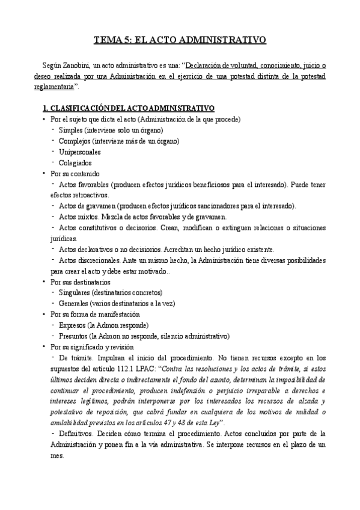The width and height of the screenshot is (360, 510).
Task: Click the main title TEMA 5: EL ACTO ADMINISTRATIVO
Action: (x=180, y=40)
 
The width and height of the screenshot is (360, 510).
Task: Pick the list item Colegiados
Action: (x=75, y=162)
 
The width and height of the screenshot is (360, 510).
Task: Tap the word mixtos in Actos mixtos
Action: (x=88, y=217)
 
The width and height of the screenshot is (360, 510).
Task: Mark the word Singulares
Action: (x=76, y=292)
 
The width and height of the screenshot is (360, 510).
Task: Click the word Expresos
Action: (x=75, y=325)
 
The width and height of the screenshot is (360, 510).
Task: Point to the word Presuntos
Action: (x=76, y=336)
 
